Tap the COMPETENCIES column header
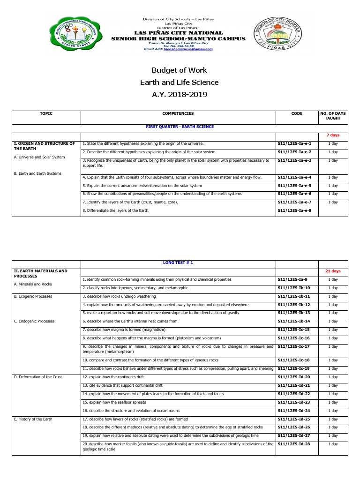[178, 113]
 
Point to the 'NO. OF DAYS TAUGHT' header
[332, 116]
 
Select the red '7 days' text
[333, 135]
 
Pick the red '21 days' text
[333, 271]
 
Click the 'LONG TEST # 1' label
[178, 262]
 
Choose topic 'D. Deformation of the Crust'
[37, 377]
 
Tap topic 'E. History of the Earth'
[33, 419]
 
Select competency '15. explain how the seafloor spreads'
[114, 402]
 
